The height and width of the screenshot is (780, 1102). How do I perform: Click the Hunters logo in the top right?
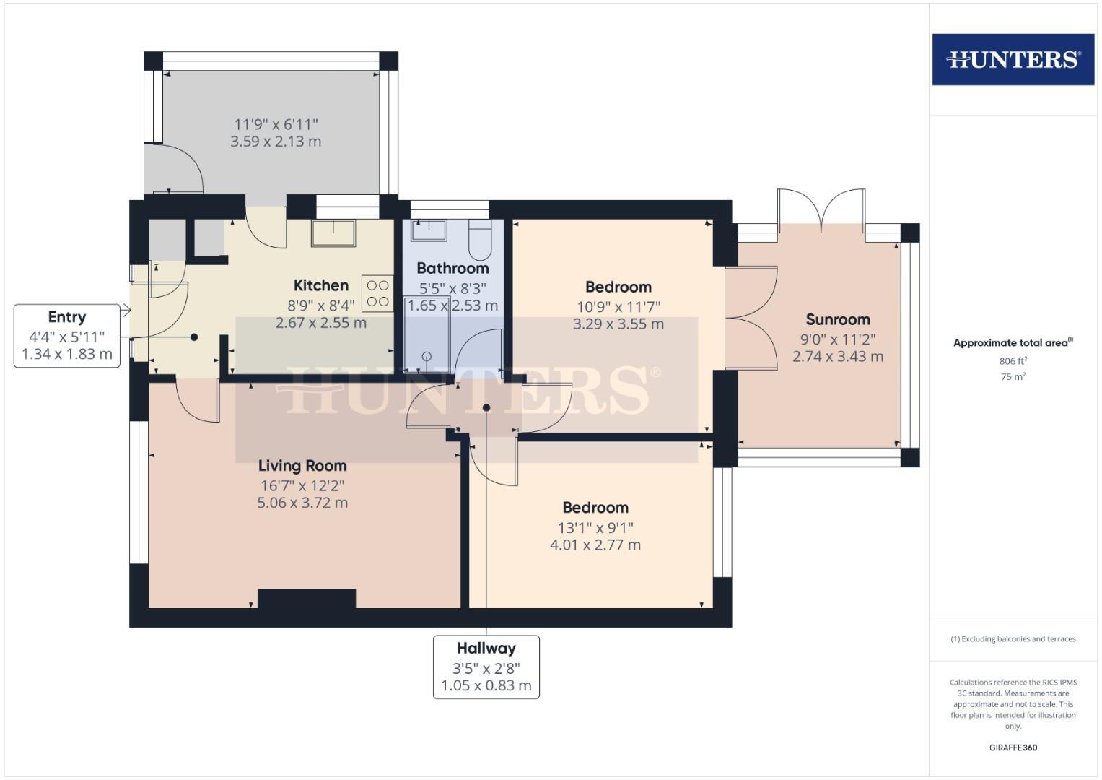1013,59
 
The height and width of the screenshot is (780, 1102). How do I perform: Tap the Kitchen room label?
321,285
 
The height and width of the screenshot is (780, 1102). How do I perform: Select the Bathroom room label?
452,268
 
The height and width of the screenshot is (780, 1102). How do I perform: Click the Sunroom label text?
837,319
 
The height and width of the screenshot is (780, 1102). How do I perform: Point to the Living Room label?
302,466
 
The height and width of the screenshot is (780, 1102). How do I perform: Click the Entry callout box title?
66,317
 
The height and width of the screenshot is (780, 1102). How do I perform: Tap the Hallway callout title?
486,649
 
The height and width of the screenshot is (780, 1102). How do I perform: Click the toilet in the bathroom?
480,240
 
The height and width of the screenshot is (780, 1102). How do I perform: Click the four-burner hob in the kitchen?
378,293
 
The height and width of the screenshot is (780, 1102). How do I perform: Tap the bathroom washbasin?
429,230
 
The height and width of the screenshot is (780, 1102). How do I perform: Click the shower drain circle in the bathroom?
427,356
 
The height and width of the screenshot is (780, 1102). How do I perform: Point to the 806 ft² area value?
1013,361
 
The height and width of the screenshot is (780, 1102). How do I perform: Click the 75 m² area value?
1013,376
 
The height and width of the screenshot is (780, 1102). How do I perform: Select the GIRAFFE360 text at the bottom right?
1013,747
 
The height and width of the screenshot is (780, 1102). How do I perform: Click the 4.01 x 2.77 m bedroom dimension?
595,545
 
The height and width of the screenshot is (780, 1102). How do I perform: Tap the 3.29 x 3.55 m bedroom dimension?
618,324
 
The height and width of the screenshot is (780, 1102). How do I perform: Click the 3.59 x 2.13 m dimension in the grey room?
276,142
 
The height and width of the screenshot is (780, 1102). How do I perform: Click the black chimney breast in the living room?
307,599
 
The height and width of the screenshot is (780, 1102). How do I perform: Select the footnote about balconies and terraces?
1013,639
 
